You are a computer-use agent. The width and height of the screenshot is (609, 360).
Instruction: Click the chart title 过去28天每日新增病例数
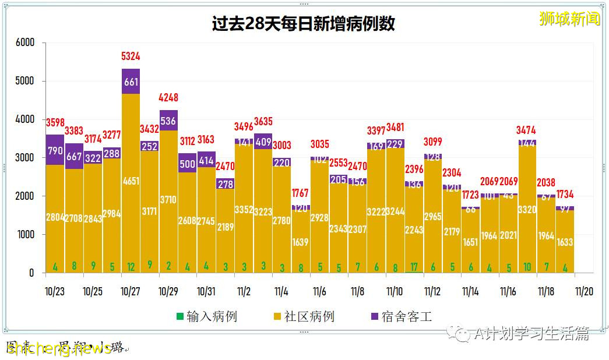pyautogui.click(x=303, y=23)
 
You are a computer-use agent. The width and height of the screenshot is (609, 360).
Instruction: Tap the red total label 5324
pyautogui.click(x=131, y=57)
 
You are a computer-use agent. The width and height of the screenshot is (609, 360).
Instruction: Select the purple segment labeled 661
pyautogui.click(x=131, y=82)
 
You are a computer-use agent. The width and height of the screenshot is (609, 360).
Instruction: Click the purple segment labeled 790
pyautogui.click(x=55, y=150)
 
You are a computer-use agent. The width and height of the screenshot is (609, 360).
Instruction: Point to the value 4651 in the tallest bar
pyautogui.click(x=131, y=182)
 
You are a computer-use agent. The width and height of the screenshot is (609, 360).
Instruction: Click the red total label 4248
pyautogui.click(x=168, y=98)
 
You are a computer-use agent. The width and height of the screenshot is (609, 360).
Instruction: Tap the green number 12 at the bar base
pyautogui.click(x=131, y=267)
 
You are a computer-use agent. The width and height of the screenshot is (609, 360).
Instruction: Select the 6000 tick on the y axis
pyautogui.click(x=25, y=43)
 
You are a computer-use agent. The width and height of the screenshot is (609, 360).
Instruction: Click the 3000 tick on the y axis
pyautogui.click(x=25, y=158)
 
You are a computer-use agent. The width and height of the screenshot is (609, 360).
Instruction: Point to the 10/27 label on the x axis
pyautogui.click(x=131, y=291)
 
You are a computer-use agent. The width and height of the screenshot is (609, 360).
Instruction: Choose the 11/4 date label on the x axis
pyautogui.click(x=281, y=291)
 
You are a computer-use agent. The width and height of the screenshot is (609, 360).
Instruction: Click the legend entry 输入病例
pyautogui.click(x=207, y=317)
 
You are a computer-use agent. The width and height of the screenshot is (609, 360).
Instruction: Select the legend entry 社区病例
pyautogui.click(x=304, y=317)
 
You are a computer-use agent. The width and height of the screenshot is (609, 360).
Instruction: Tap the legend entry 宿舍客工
pyautogui.click(x=402, y=317)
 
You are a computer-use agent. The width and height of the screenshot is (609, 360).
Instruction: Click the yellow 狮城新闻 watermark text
pyautogui.click(x=569, y=19)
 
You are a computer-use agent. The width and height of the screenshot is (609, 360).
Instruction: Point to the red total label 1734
pyautogui.click(x=565, y=194)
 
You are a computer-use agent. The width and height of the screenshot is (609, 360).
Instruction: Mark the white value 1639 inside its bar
pyautogui.click(x=300, y=242)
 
